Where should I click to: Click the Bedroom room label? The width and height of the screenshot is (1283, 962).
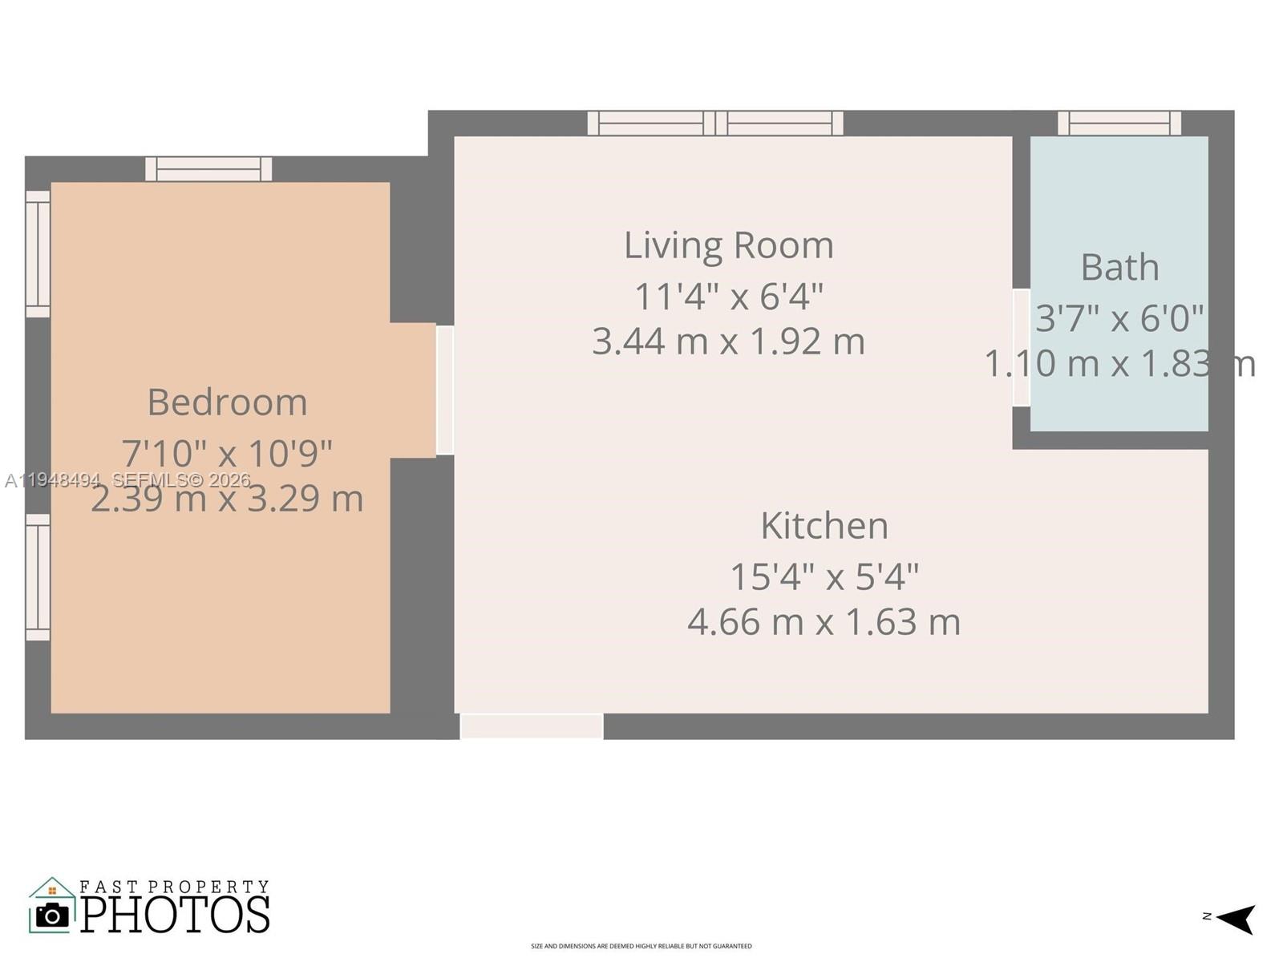[x=227, y=402]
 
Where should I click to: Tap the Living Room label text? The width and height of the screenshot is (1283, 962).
[x=728, y=245]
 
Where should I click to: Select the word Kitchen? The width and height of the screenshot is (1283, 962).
[x=824, y=526]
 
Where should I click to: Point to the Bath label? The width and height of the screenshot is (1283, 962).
[x=1119, y=267]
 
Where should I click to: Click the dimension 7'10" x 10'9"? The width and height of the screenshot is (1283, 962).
[x=227, y=454]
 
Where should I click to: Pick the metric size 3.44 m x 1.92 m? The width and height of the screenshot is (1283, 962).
[x=728, y=342]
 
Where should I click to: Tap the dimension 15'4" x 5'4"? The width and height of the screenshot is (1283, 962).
[x=824, y=576]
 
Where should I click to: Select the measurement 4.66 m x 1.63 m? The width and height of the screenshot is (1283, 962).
[x=824, y=622]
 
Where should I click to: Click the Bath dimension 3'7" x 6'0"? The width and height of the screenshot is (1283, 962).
[x=1119, y=318]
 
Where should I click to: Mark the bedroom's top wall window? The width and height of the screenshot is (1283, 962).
[x=208, y=169]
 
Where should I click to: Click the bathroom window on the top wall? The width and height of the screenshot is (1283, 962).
[x=1119, y=123]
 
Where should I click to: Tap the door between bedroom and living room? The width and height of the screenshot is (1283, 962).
[x=445, y=390]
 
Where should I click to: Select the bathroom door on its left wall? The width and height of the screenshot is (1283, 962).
[x=1021, y=347]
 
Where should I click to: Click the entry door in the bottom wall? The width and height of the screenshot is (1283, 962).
[x=532, y=726]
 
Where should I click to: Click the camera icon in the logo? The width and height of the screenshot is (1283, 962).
[x=53, y=915]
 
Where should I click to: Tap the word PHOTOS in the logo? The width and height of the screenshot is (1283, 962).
[x=175, y=915]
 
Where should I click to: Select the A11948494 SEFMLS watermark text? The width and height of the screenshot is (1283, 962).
[x=128, y=480]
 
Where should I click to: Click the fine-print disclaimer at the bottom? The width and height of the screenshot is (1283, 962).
[x=641, y=947]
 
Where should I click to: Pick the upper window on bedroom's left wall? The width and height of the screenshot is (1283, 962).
[x=38, y=253]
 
